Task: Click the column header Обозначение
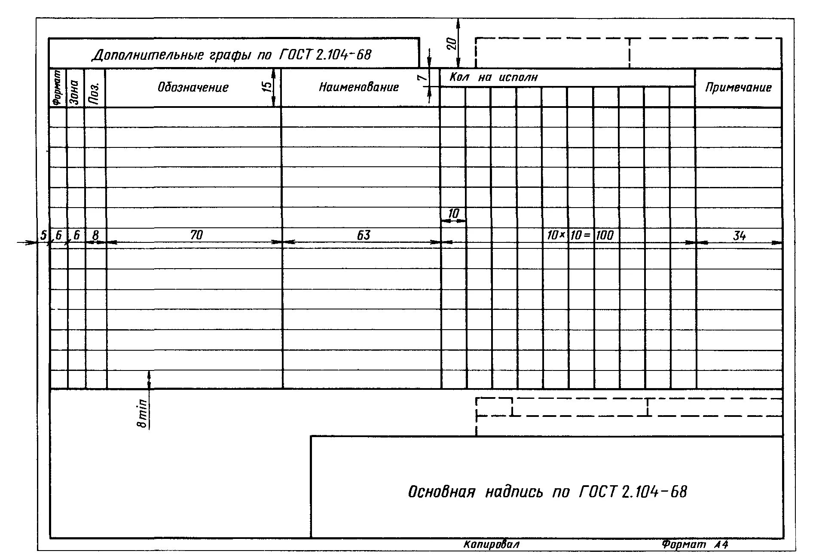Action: [193, 88]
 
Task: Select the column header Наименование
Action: [359, 88]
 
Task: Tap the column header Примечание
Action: [738, 88]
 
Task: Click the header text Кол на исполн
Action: [493, 77]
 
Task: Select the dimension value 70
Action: [196, 235]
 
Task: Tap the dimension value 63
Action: [363, 235]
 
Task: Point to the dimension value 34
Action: [739, 235]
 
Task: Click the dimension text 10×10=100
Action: [580, 235]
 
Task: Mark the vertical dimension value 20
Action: [451, 43]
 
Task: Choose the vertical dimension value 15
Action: [267, 87]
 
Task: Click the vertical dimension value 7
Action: [422, 77]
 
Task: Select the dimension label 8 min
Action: [142, 413]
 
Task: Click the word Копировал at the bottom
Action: [492, 545]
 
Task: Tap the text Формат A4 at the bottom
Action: [695, 545]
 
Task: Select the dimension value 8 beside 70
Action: [95, 235]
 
